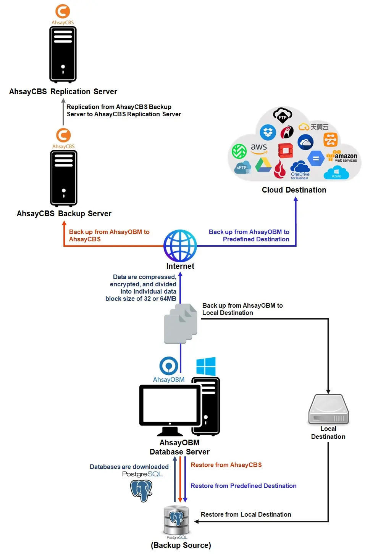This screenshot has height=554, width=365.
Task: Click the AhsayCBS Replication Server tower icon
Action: [63, 54]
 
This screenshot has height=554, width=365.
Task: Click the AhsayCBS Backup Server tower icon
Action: [64, 178]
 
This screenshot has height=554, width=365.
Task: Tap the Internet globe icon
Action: [180, 246]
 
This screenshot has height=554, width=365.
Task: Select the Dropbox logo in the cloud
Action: [268, 132]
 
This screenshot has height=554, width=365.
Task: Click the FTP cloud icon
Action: [283, 115]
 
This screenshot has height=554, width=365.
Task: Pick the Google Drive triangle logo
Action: [263, 165]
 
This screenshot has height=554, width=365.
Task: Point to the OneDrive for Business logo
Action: [300, 170]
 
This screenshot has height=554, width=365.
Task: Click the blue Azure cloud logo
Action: [336, 173]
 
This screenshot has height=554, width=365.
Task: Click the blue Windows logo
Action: [206, 366]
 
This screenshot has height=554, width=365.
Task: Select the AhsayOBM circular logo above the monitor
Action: [169, 366]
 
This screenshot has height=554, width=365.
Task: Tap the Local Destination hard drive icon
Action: [328, 409]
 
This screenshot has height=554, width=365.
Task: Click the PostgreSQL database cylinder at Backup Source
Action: [176, 520]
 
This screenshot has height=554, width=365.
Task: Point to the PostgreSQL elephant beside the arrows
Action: [141, 490]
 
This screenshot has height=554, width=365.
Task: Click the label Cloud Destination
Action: [294, 190]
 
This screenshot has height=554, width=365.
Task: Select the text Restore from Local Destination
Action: [246, 514]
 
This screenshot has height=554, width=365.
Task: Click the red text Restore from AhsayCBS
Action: [226, 465]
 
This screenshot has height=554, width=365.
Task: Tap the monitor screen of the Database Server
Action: [170, 405]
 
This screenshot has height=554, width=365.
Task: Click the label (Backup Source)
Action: [181, 545]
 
